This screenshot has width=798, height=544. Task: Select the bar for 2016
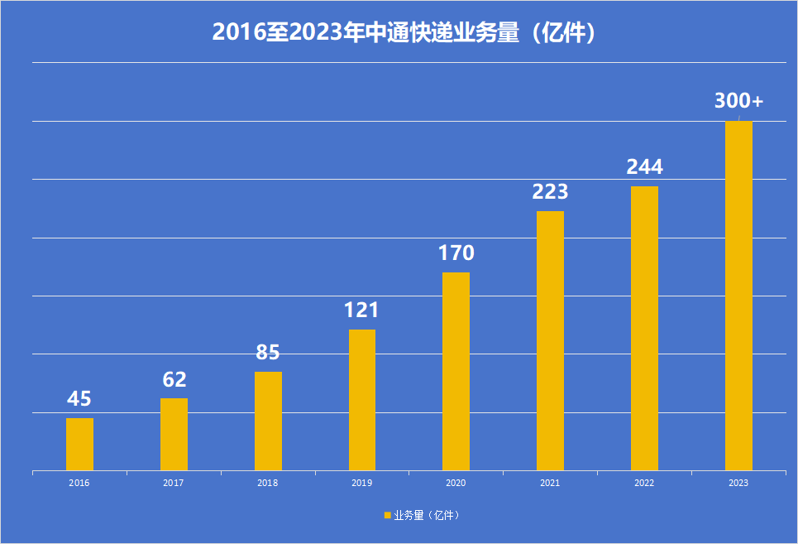click(79, 444)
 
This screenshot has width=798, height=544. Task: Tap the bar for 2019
click(362, 400)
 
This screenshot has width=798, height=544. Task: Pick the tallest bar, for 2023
click(738, 296)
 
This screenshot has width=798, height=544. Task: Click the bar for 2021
click(550, 340)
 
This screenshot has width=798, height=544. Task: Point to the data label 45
click(79, 399)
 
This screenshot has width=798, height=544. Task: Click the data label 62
click(174, 379)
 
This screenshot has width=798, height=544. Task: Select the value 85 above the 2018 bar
click(268, 353)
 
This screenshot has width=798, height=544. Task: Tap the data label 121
click(361, 311)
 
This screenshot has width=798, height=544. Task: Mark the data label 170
click(456, 253)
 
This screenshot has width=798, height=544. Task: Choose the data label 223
click(550, 192)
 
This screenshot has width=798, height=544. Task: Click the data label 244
click(644, 167)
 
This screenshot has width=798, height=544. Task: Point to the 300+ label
click(738, 101)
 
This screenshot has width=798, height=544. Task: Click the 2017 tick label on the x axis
click(174, 483)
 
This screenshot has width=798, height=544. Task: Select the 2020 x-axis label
click(456, 483)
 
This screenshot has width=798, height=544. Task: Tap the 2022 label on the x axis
click(644, 483)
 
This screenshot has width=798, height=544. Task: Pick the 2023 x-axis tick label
click(738, 483)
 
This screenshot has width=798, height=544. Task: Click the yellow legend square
click(387, 515)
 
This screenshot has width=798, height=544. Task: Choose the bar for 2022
click(644, 328)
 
